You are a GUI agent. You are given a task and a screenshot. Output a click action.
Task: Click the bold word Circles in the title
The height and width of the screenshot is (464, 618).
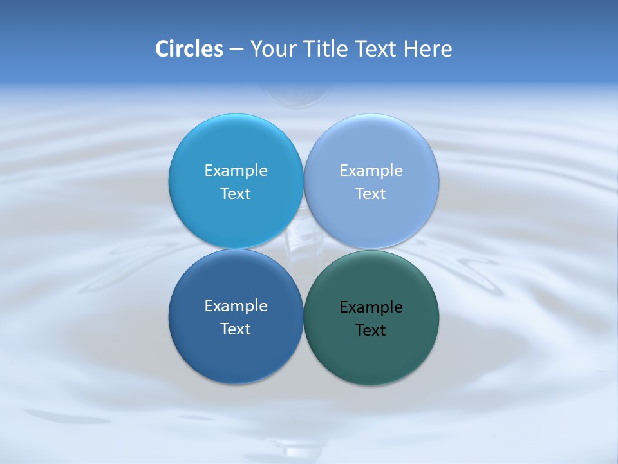click(189, 49)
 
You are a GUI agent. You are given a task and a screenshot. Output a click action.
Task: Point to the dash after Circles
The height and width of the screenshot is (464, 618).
click(236, 50)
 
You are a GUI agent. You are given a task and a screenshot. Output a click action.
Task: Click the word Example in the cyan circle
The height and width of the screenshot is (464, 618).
click(236, 171)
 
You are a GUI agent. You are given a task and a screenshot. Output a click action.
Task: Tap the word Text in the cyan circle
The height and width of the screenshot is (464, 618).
click(236, 194)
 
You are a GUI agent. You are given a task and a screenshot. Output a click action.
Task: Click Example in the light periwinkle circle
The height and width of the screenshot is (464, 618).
click(371, 171)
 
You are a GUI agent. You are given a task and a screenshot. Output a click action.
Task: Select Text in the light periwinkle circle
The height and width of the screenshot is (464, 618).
click(371, 194)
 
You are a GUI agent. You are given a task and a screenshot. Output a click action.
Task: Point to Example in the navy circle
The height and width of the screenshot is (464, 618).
click(236, 306)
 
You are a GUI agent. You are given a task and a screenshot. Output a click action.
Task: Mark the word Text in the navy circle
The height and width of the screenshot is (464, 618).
click(236, 329)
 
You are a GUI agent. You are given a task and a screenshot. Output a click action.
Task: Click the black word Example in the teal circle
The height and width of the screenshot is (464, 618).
click(371, 307)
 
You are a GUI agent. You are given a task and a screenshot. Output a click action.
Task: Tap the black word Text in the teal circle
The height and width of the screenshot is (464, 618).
click(371, 331)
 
